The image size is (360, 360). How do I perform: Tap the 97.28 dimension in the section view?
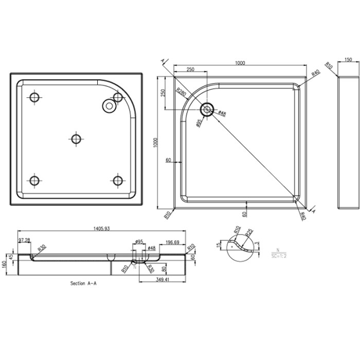(x=24, y=240)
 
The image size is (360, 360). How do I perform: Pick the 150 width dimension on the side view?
(x=348, y=60)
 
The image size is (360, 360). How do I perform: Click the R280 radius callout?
(x=180, y=92)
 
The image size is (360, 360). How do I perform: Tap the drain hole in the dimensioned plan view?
(x=207, y=109)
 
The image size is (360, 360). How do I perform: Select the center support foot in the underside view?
(x=76, y=139)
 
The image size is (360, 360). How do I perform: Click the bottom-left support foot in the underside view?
(x=34, y=181)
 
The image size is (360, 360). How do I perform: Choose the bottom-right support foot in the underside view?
(x=118, y=181)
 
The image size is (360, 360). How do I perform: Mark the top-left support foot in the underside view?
(x=34, y=97)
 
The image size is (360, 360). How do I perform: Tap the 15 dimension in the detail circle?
(x=219, y=245)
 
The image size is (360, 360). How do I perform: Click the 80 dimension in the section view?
(x=164, y=268)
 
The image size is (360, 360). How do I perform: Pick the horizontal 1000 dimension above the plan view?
(x=240, y=63)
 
